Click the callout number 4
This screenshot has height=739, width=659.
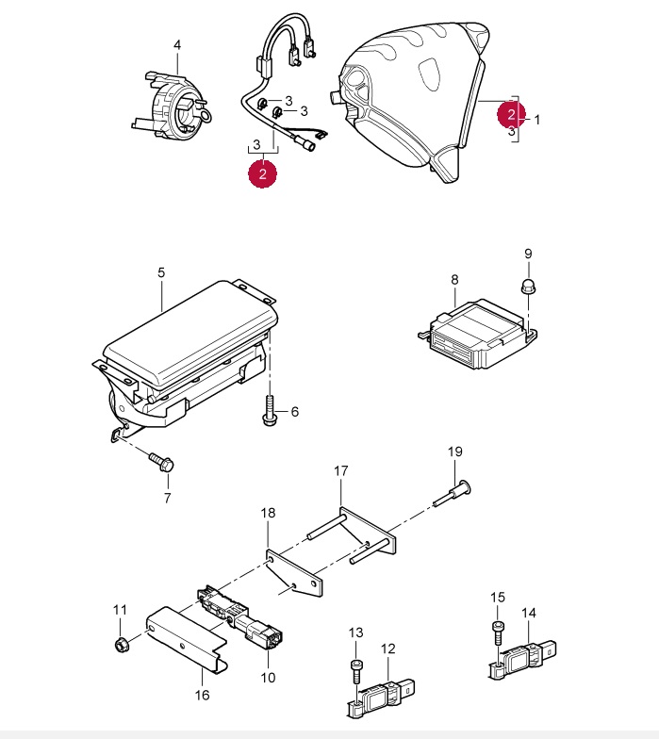(176, 45)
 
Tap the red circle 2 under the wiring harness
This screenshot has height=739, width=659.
(262, 173)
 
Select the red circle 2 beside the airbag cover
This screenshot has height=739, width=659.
(511, 114)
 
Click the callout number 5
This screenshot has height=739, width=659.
(161, 272)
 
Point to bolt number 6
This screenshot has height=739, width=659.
(269, 413)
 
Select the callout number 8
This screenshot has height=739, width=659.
(454, 279)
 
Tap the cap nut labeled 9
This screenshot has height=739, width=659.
(528, 286)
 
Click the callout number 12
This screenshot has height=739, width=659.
(388, 649)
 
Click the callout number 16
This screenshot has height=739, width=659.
(202, 695)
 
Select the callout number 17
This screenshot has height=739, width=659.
(341, 469)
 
